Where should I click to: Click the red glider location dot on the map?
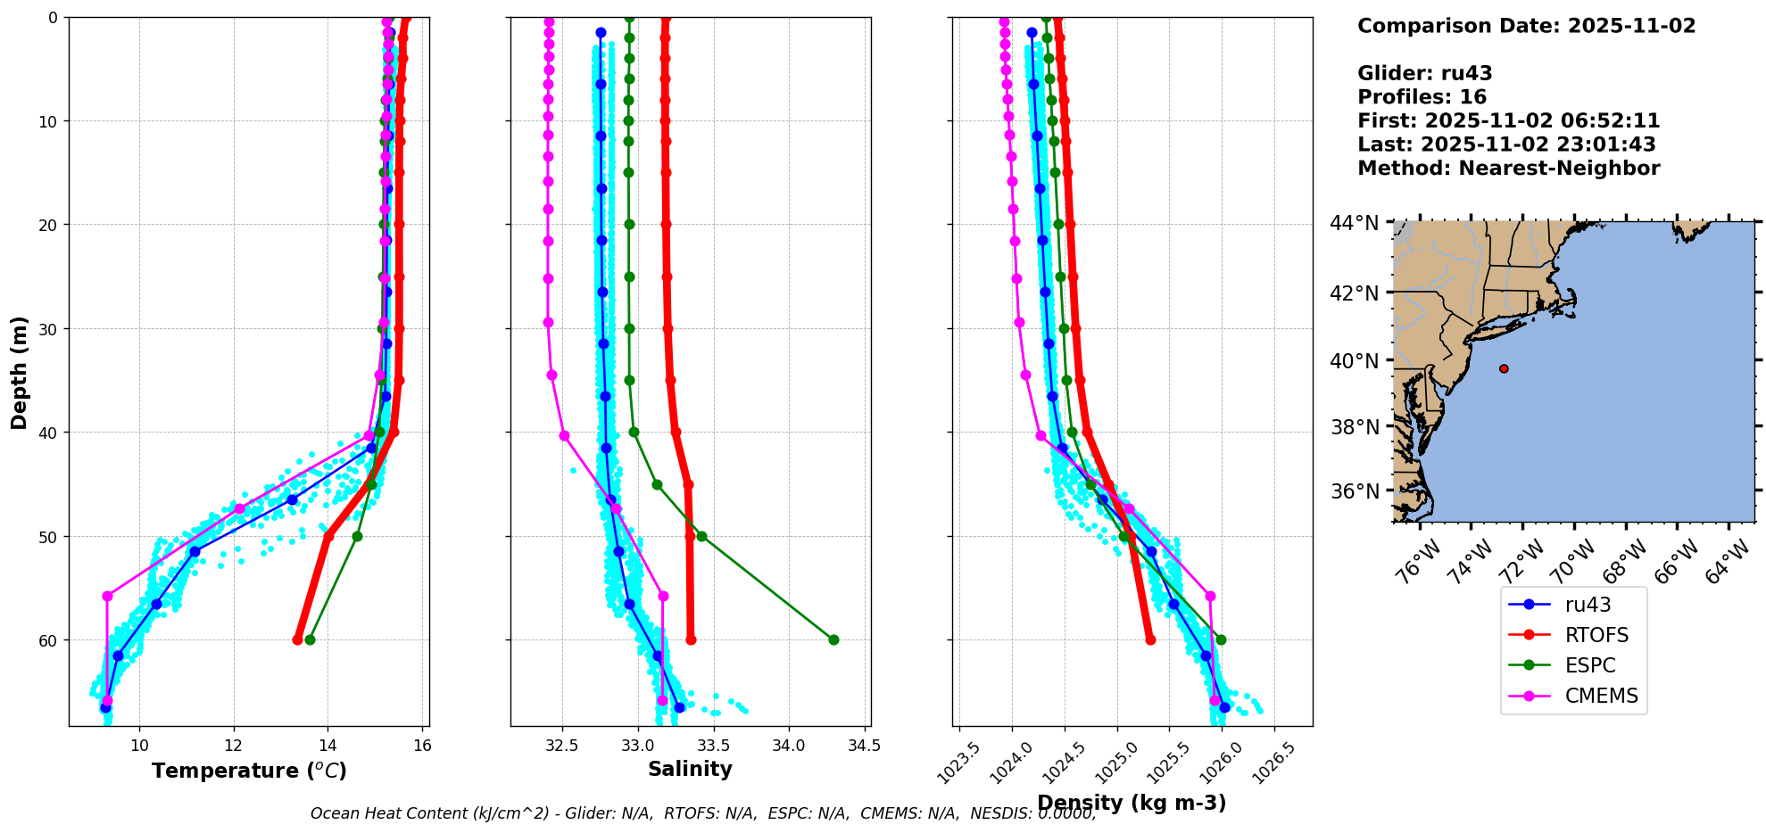pos(1504,368)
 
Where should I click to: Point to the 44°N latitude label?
pos(1354,223)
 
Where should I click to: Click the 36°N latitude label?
pos(1355,491)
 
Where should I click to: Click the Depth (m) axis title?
pos(20,373)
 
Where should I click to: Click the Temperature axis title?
pos(249,771)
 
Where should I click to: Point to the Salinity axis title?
pos(690,769)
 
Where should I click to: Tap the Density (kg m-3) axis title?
pos(1132,803)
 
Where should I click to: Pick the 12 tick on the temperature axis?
pos(234,746)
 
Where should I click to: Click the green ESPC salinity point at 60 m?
pos(833,639)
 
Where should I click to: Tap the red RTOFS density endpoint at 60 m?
pos(1150,639)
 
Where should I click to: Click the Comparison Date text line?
pos(1526,26)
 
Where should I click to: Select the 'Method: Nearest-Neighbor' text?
pos(1508,169)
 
